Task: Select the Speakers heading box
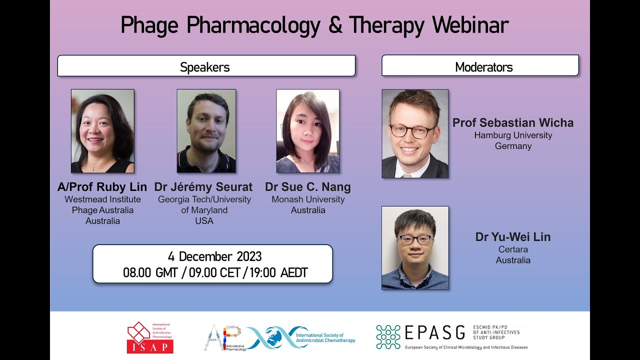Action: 206,66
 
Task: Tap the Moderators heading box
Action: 480,66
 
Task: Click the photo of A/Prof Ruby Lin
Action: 102,131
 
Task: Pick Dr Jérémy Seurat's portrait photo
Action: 206,131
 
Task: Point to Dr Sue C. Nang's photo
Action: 307,131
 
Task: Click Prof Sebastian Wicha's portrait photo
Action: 415,133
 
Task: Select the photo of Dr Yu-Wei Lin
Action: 415,248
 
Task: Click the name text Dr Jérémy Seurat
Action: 203,187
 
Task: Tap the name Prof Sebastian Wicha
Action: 513,122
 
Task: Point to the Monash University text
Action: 308,199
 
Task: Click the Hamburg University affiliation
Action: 513,135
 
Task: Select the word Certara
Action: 513,249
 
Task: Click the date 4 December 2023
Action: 214,257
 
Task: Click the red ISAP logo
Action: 149,338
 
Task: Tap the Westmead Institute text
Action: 102,199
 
